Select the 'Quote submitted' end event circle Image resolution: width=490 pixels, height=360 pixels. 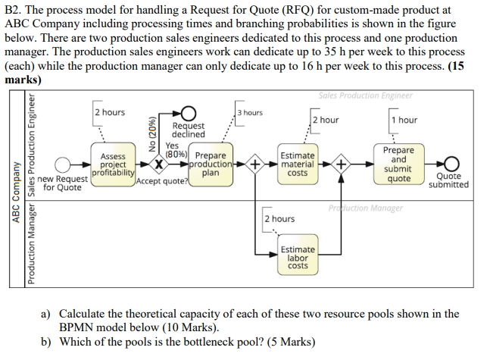pyautogui.click(x=452, y=164)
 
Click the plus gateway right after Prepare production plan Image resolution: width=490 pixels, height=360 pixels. pyautogui.click(x=255, y=164)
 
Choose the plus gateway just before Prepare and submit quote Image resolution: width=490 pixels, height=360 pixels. pyautogui.click(x=341, y=164)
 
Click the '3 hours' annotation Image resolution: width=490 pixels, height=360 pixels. pyautogui.click(x=250, y=113)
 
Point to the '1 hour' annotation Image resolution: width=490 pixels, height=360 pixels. pyautogui.click(x=404, y=120)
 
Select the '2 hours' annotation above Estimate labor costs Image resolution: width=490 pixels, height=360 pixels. pyautogui.click(x=279, y=218)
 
